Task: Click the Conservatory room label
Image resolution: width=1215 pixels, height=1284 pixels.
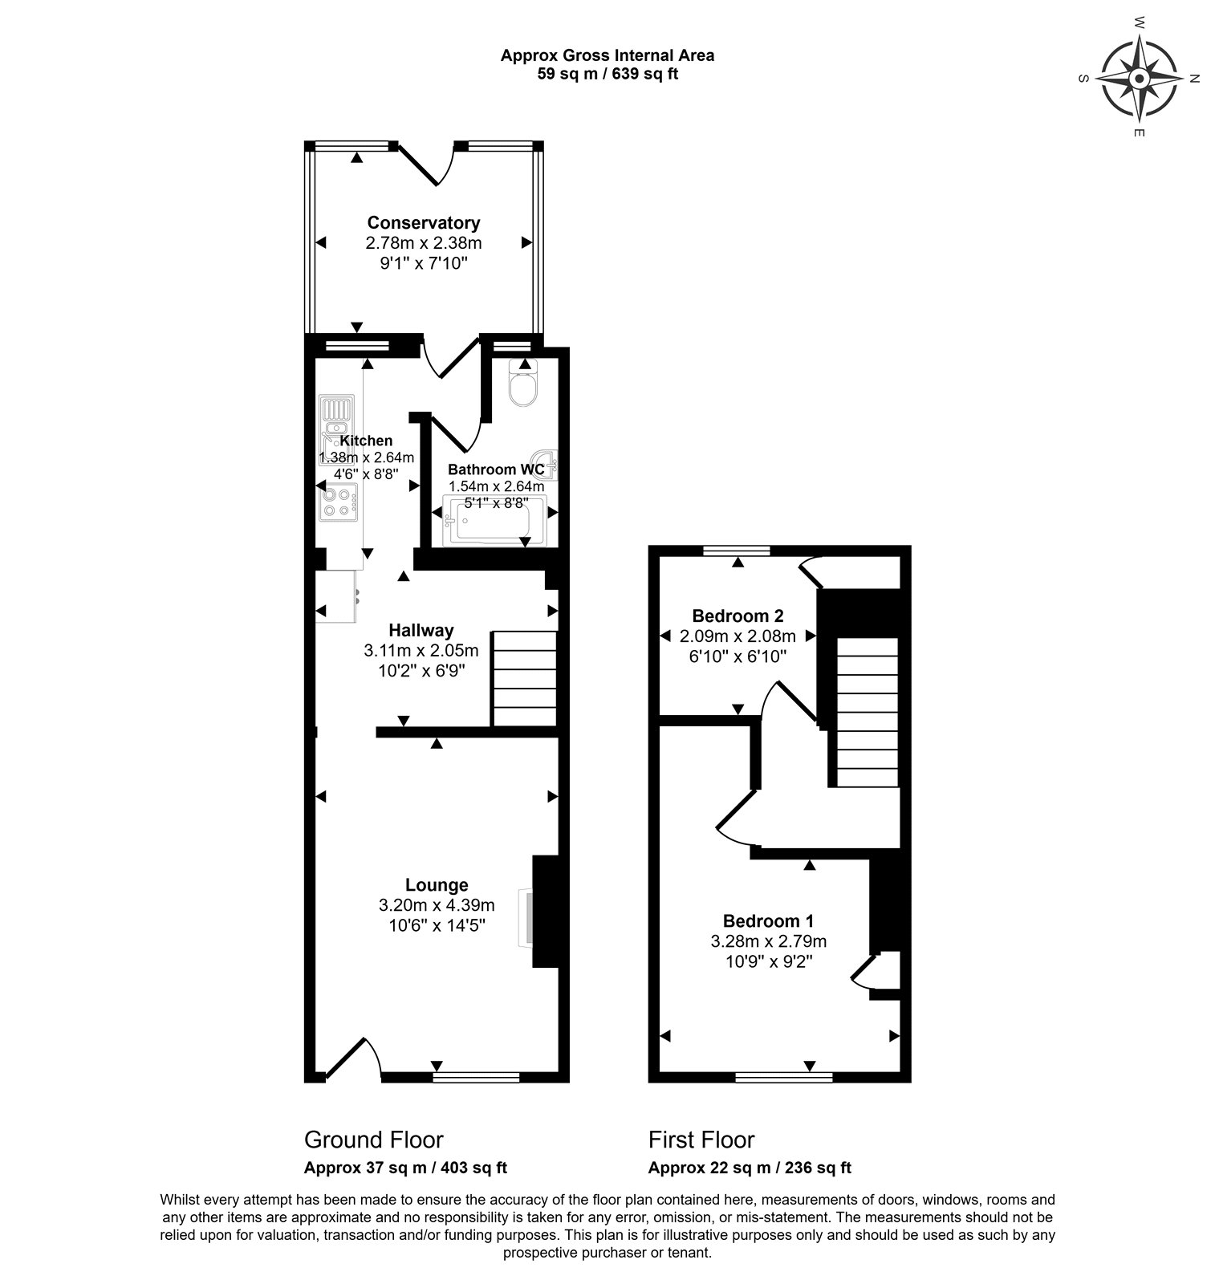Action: [x=424, y=222]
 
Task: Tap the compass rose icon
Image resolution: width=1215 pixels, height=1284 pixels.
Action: [x=1139, y=79]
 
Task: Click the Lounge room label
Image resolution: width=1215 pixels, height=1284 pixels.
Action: [x=437, y=884]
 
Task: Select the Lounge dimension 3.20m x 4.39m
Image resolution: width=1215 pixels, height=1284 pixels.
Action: [x=437, y=905]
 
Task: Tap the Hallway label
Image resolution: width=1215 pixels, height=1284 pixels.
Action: [x=421, y=630]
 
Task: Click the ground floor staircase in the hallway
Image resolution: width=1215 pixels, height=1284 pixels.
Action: [x=525, y=677]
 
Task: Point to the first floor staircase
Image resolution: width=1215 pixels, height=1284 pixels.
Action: [x=868, y=712]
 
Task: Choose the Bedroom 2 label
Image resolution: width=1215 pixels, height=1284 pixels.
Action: [x=738, y=616]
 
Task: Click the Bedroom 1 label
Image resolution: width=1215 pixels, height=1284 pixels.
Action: [x=768, y=920]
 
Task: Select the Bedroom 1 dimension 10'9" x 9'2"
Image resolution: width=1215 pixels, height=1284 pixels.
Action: [x=768, y=961]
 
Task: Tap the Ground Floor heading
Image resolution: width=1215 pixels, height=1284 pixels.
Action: [x=373, y=1140]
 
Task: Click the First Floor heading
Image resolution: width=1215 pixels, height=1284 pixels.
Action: [x=701, y=1140]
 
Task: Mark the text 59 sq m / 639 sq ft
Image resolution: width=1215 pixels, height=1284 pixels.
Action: [x=607, y=75]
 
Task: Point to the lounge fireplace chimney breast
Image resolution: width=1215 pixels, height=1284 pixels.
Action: [x=546, y=912]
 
